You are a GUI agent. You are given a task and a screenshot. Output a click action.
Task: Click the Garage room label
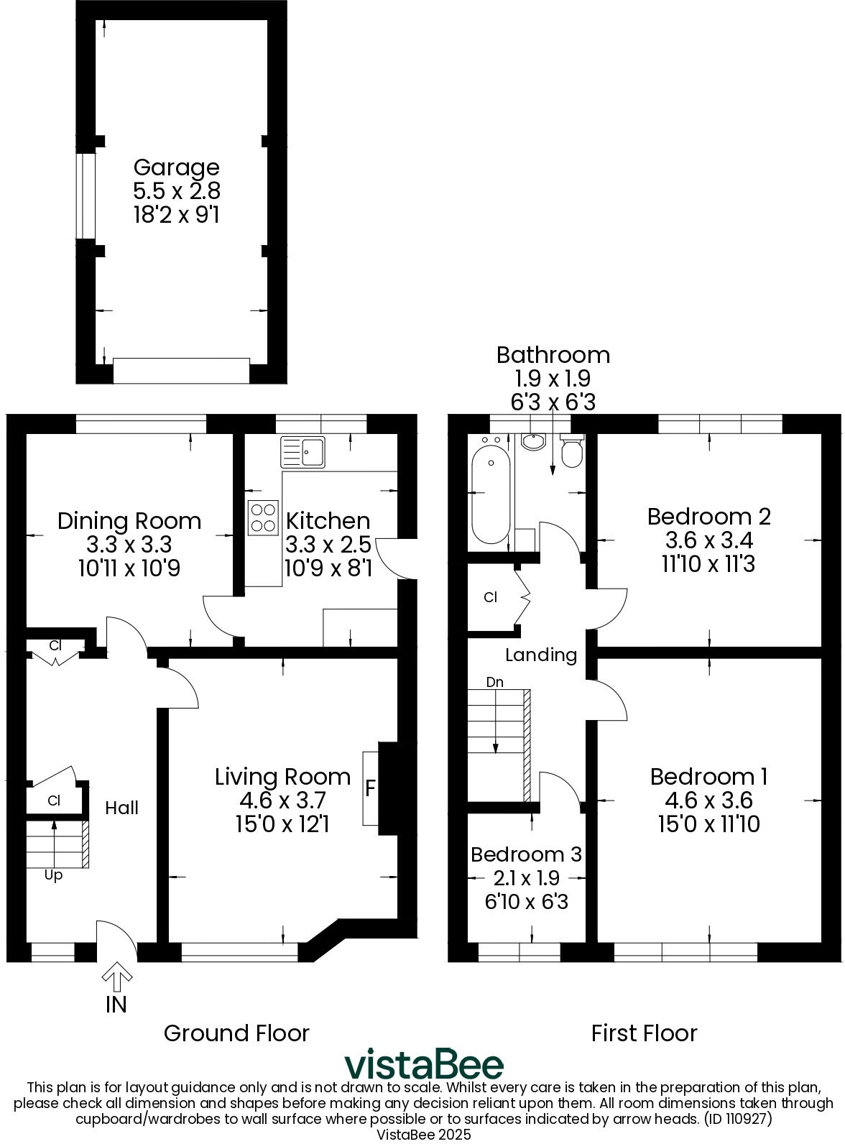click(x=176, y=167)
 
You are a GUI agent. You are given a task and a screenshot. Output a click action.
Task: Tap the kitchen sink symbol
click(x=303, y=452)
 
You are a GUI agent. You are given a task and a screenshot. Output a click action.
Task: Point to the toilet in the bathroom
click(x=572, y=453)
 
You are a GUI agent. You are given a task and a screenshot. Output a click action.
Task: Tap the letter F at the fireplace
click(x=371, y=788)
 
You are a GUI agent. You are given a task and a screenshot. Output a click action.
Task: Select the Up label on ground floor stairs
click(x=54, y=875)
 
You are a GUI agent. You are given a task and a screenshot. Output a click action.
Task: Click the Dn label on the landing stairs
click(x=495, y=682)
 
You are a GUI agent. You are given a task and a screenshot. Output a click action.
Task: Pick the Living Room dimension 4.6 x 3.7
click(x=282, y=800)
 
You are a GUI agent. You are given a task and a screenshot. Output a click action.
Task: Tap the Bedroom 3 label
click(x=525, y=854)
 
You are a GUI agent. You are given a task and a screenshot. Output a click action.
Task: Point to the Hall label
click(x=121, y=808)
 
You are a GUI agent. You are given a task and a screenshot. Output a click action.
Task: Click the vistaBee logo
click(x=423, y=1064)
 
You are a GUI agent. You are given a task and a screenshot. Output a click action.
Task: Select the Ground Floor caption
click(x=236, y=1033)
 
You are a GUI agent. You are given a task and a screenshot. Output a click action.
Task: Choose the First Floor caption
click(x=644, y=1033)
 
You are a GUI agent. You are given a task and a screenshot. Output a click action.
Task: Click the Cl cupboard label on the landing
click(x=490, y=597)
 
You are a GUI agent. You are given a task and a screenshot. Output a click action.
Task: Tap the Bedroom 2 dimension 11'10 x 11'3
click(x=708, y=564)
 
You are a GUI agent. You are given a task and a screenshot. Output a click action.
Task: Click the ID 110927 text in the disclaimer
click(x=738, y=1119)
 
